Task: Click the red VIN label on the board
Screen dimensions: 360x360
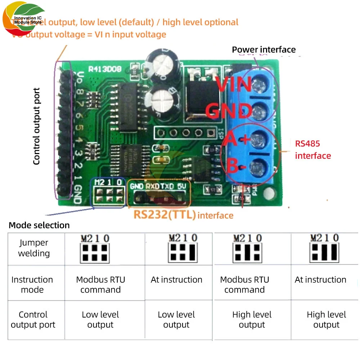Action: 235,85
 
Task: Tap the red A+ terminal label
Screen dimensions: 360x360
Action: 236,139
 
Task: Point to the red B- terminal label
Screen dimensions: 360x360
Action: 235,166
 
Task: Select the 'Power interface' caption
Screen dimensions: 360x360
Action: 264,50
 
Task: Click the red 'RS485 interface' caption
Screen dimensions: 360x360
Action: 313,150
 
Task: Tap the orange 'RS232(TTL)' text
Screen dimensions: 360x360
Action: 165,215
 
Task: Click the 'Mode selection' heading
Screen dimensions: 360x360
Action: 39,225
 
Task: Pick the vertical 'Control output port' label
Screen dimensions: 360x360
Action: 36,126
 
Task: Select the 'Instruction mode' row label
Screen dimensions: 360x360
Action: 32,285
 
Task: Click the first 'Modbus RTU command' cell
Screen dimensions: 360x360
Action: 100,285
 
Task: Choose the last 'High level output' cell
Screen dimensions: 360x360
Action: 326,320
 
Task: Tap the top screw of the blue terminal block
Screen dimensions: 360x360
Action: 258,85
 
